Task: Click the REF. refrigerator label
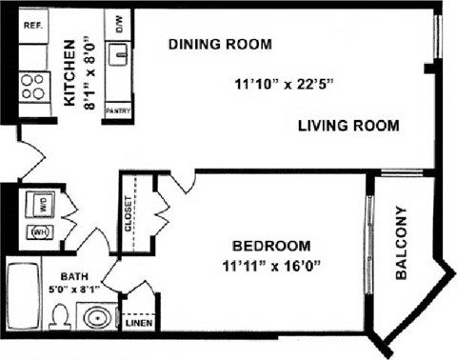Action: [x=33, y=26]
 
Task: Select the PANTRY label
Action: [x=119, y=110]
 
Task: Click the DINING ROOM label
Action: [x=220, y=44]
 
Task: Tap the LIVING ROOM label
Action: [x=348, y=126]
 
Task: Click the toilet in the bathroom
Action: [x=61, y=315]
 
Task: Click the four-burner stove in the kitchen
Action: [x=33, y=86]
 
